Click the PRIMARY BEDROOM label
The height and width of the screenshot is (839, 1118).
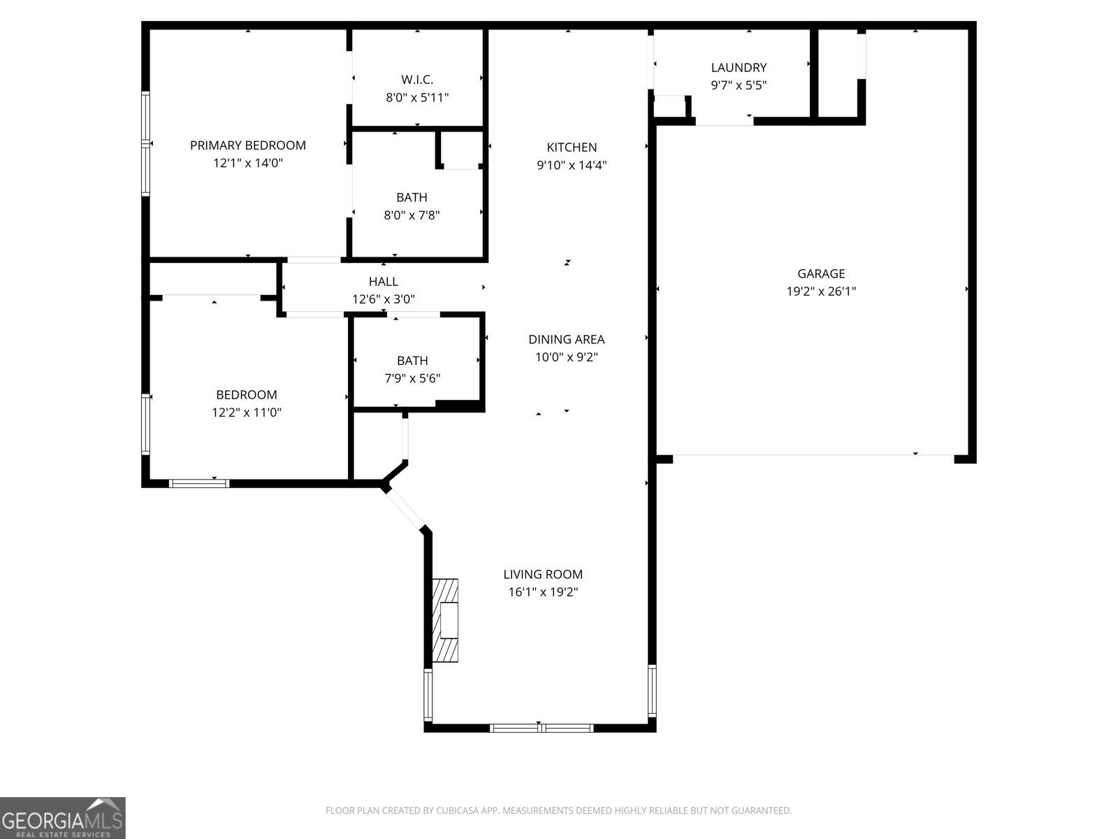pos(247,145)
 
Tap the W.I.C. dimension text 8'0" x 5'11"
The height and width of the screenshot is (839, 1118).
pos(417,98)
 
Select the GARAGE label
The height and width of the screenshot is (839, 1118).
pos(821,274)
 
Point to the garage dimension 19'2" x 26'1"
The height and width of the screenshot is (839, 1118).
pos(821,292)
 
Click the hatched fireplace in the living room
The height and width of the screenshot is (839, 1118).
pos(445,620)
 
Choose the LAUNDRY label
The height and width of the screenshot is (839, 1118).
pos(739,68)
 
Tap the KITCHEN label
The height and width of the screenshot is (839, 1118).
pos(571,148)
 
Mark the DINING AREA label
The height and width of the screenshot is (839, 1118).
pos(566,340)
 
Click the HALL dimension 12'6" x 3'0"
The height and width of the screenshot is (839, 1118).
pos(383,299)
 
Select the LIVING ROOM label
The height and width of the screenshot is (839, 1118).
pos(542,575)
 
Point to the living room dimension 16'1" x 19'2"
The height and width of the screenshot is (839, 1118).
pos(542,592)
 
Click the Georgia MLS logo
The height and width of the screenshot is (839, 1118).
pos(63,817)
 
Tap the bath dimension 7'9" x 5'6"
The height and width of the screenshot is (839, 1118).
pos(412,379)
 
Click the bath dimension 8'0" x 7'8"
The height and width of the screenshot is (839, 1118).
pos(412,215)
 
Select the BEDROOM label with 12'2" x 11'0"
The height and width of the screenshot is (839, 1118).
pos(246,395)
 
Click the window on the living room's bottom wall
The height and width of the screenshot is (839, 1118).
pos(542,728)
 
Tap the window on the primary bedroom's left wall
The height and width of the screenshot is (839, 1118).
pos(145,144)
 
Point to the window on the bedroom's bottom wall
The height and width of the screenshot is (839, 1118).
pos(199,482)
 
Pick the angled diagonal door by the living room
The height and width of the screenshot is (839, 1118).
pos(406,509)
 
